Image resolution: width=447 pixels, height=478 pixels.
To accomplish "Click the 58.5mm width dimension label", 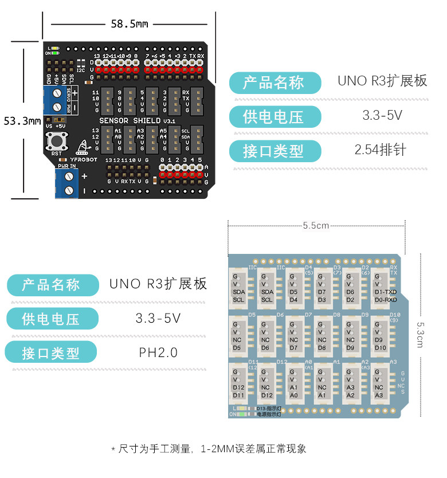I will pos(130,23).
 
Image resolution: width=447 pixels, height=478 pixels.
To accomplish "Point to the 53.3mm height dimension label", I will pos(22,121).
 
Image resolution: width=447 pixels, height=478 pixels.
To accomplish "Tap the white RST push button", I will pos(56,140).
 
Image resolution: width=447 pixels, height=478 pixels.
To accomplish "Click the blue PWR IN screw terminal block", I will pos(66,183).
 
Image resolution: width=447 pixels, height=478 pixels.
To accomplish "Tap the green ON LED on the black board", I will pos(55,53).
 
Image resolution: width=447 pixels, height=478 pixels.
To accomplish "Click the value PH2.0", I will pos(158,352).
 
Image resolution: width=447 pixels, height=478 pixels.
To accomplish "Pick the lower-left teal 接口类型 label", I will pos(51,353).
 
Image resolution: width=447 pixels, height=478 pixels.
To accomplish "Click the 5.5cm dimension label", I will pos(316,225).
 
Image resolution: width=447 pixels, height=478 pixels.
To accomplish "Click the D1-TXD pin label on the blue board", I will pos(385,292).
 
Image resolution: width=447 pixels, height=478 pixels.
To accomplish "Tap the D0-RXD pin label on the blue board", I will pos(385,300).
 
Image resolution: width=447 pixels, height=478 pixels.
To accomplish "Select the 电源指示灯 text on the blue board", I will pos(268,414).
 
